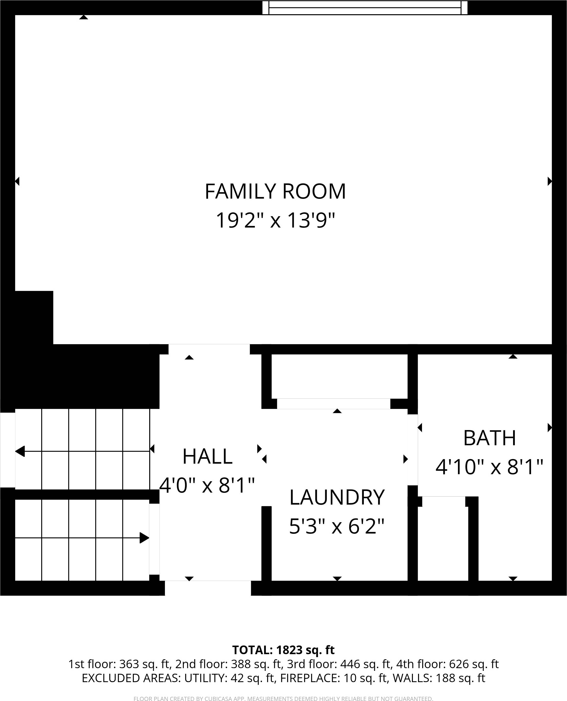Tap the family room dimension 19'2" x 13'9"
[x=275, y=221]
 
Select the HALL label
[x=207, y=457]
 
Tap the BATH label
[x=489, y=438]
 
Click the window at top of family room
[x=365, y=8]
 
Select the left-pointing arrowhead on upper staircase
[x=20, y=451]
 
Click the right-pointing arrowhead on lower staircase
[x=144, y=538]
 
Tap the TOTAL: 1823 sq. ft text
[x=283, y=650]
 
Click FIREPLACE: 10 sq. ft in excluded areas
[x=334, y=678]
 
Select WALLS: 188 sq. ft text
[x=439, y=678]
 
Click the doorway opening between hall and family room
[x=209, y=349]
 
